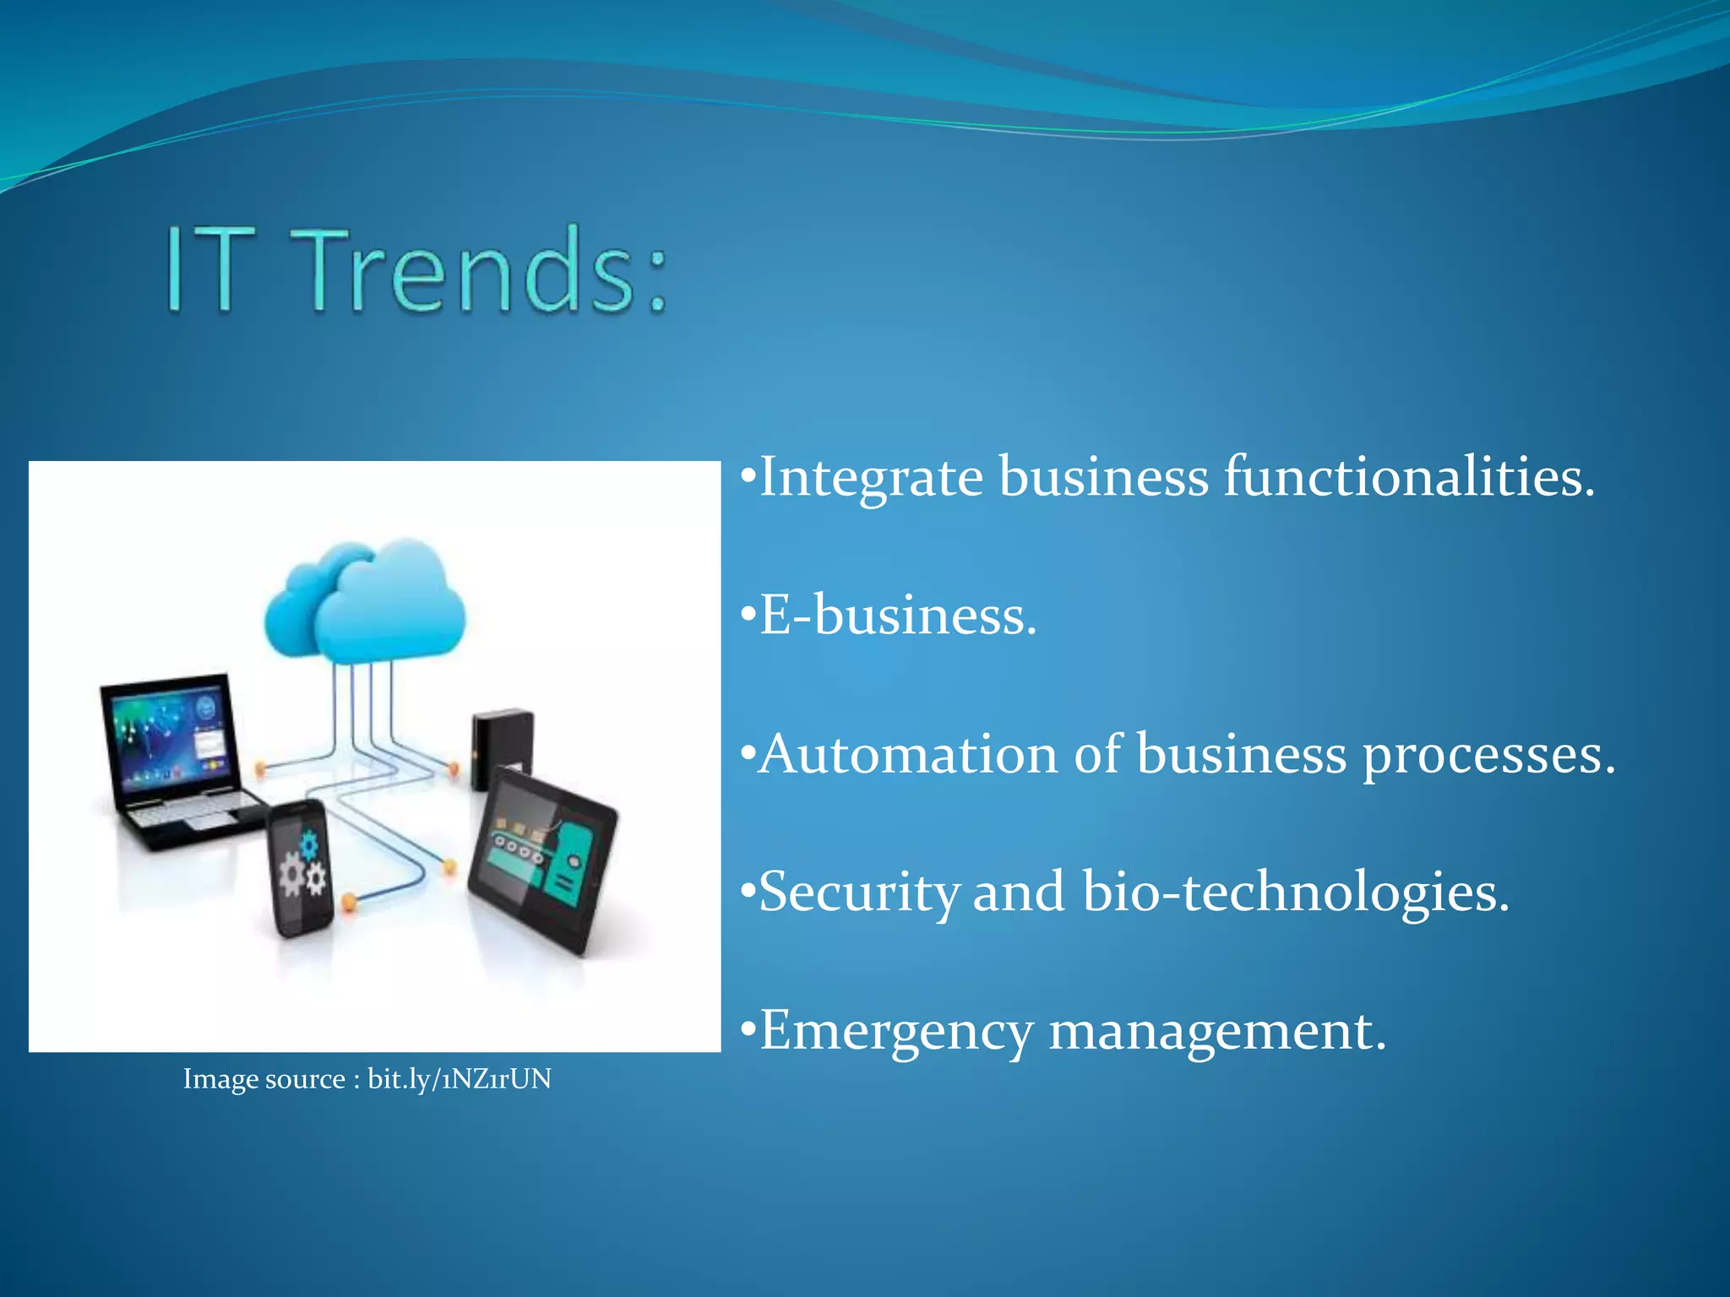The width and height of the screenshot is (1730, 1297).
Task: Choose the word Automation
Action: [907, 753]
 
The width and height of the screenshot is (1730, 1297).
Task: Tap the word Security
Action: [858, 893]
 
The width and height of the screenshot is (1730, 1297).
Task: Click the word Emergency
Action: [895, 1031]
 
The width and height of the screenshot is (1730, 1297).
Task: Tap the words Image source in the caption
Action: [264, 1079]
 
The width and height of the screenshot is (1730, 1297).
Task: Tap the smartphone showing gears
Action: [302, 870]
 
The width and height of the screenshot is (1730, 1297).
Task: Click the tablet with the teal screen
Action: [541, 861]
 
